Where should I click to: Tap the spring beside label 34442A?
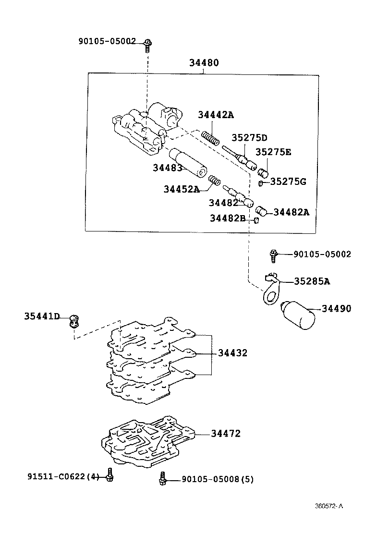tap(210, 137)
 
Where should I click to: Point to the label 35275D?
tap(249, 138)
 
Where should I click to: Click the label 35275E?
tap(273, 152)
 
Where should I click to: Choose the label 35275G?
tap(288, 182)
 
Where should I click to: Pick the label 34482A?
tap(291, 212)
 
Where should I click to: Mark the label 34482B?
tap(227, 218)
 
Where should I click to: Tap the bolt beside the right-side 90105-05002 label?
tap(273, 255)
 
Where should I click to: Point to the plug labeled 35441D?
tap(74, 320)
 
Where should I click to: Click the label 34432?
tap(232, 353)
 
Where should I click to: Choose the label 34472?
tap(226, 434)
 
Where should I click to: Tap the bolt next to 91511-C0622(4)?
tap(110, 475)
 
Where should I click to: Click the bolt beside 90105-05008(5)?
tap(163, 478)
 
